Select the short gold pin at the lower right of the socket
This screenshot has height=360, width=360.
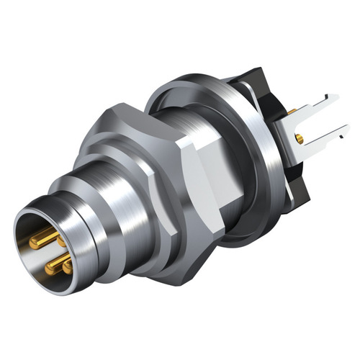click(68, 266)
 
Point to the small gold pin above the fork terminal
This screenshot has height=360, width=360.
click(292, 112)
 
